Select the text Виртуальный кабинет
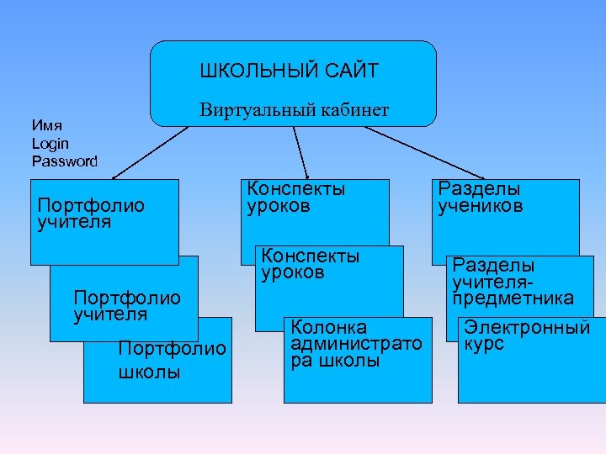(294, 110)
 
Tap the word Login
(50, 144)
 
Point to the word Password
(65, 161)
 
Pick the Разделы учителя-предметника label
(513, 281)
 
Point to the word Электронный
(527, 328)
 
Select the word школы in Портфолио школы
(149, 372)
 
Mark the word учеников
(480, 207)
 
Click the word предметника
(513, 298)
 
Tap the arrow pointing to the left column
(151, 152)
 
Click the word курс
(483, 345)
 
